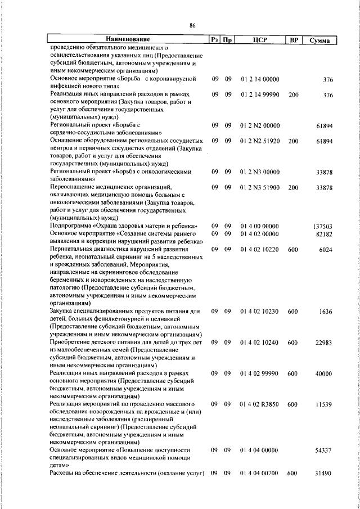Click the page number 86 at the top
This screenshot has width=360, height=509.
[x=192, y=26]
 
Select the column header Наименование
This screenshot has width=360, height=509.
[x=128, y=40]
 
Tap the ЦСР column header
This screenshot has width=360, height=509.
[x=259, y=40]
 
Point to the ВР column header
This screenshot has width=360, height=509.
[x=292, y=40]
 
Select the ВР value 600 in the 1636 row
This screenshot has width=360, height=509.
[x=292, y=311]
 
